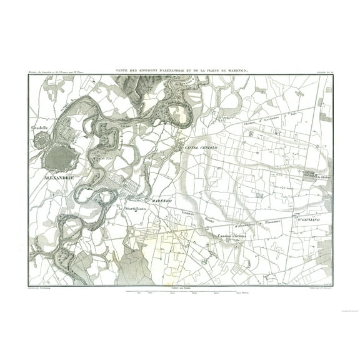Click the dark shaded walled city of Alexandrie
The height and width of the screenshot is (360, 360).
(x=59, y=157)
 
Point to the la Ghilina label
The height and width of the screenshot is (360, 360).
(x=323, y=177)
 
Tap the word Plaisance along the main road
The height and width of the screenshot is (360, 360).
(x=267, y=220)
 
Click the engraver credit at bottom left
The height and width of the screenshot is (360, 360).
(x=40, y=288)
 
